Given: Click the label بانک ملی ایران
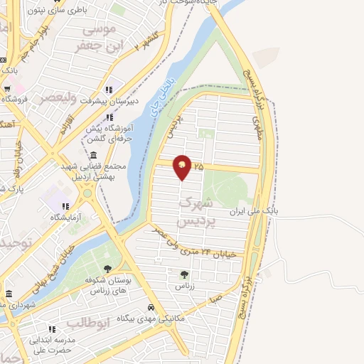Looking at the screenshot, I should coord(257,211).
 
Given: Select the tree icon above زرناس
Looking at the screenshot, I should coord(185,274).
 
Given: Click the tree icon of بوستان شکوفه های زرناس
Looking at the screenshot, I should coord(107,268).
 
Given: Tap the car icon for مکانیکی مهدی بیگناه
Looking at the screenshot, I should coord(151,307).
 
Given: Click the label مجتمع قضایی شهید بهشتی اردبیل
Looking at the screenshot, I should coord(94,171).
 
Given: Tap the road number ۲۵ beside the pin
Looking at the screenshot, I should coord(198,166).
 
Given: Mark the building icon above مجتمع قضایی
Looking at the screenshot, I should coord(94,156).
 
